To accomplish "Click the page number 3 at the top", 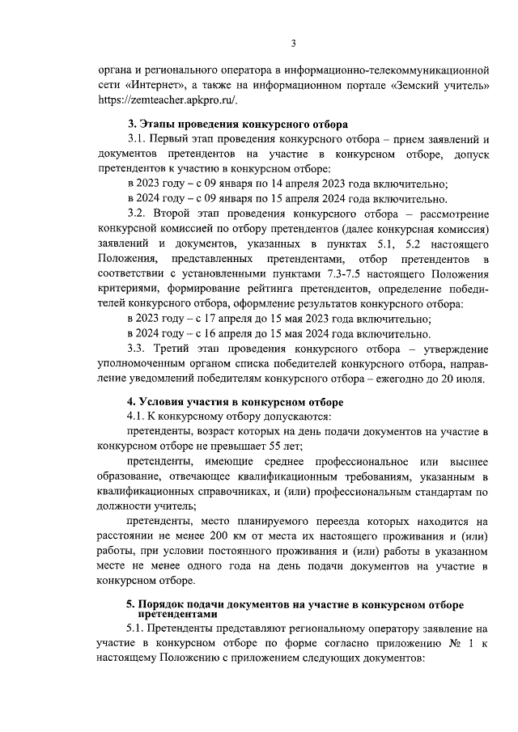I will pyautogui.click(x=295, y=43).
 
